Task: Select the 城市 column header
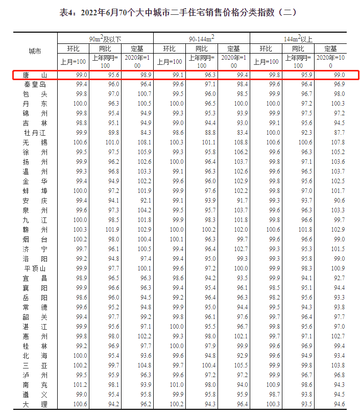click(x=35, y=52)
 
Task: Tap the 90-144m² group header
click(x=201, y=38)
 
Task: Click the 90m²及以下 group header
click(x=105, y=38)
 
